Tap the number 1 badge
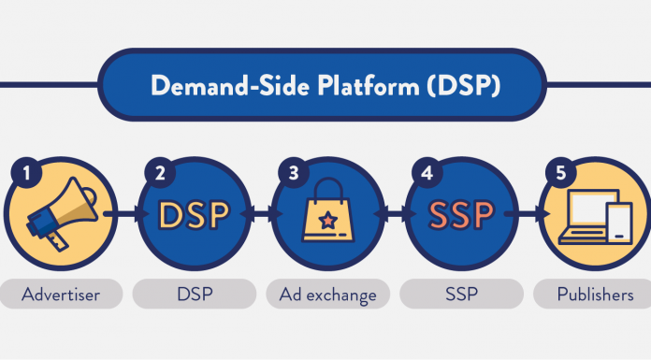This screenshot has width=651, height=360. (x=26, y=172)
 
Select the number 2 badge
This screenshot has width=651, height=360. (x=160, y=172)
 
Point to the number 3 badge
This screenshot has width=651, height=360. (x=294, y=172)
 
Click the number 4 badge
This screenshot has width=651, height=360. (x=427, y=172)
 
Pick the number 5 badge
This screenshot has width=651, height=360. (x=560, y=172)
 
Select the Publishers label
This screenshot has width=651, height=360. (x=592, y=295)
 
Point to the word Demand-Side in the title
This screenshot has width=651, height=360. (x=224, y=86)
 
